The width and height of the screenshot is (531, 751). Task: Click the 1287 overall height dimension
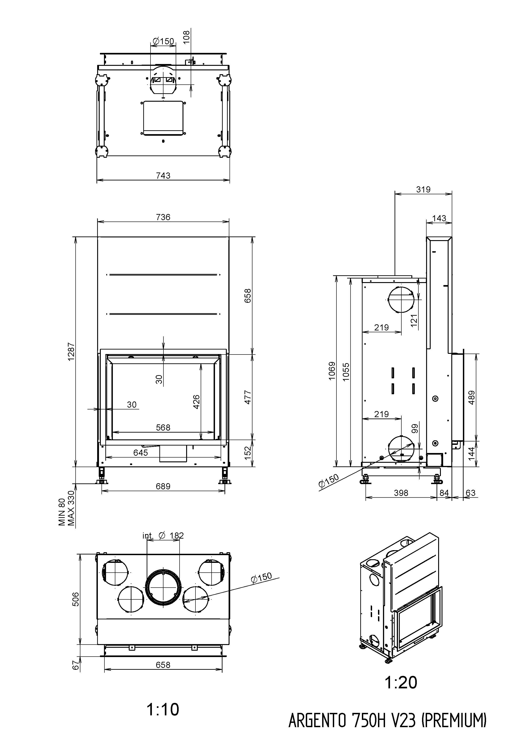71,351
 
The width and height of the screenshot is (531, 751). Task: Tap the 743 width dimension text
163,176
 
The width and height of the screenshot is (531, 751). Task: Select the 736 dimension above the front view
163,217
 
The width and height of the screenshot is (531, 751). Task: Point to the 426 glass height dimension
196,402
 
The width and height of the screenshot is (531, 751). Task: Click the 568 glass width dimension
163,428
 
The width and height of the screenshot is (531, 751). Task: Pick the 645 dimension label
141,453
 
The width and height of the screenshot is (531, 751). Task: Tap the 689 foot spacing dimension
163,486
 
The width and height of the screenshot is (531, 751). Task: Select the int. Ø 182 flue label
163,535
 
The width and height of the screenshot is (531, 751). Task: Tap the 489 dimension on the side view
472,397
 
